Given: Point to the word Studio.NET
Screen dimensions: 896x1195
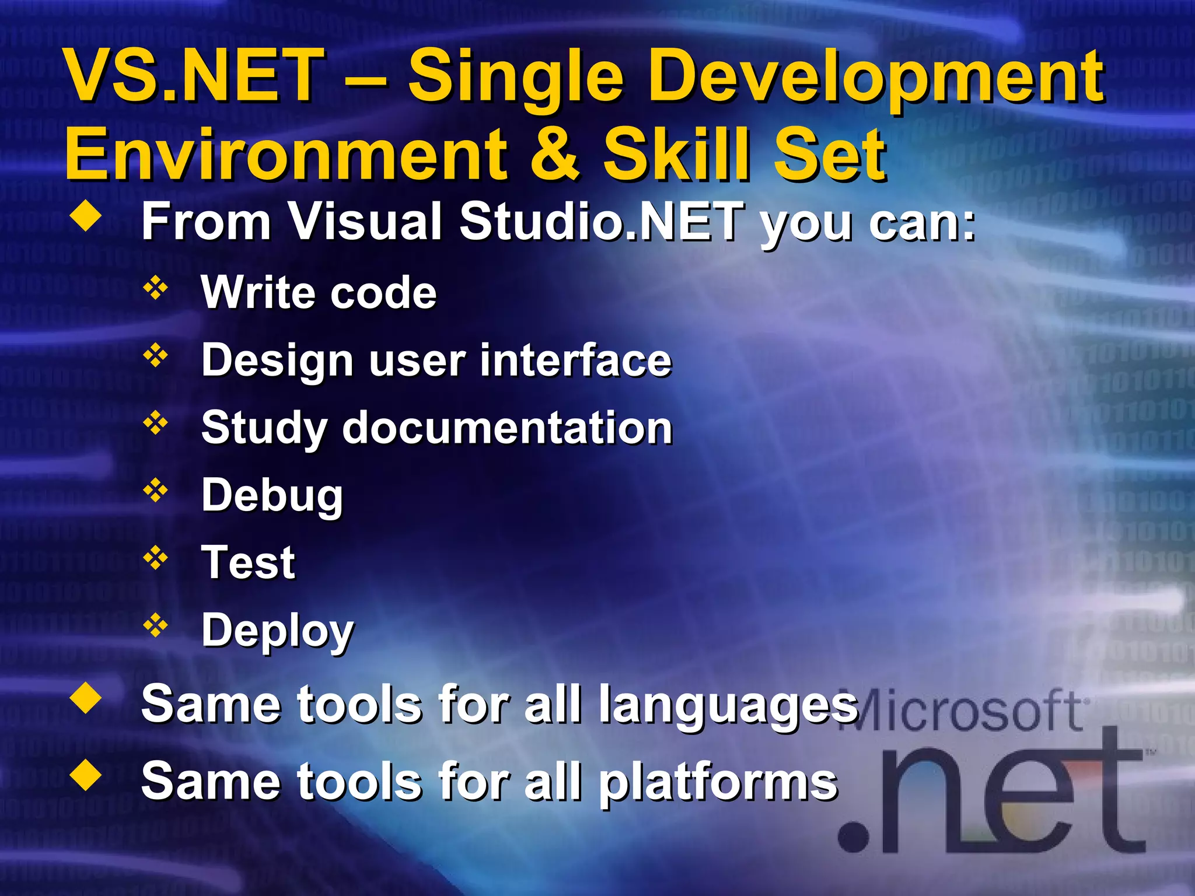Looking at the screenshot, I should (x=601, y=222).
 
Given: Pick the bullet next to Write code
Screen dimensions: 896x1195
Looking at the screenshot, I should (x=156, y=288).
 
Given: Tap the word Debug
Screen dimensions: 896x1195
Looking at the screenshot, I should (x=272, y=496).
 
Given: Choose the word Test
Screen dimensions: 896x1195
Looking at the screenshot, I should (x=248, y=563).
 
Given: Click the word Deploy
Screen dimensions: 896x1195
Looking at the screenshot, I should (x=277, y=631).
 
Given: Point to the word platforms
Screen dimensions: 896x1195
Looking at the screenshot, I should (x=718, y=783).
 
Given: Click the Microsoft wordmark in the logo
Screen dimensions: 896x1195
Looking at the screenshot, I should (x=969, y=710).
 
